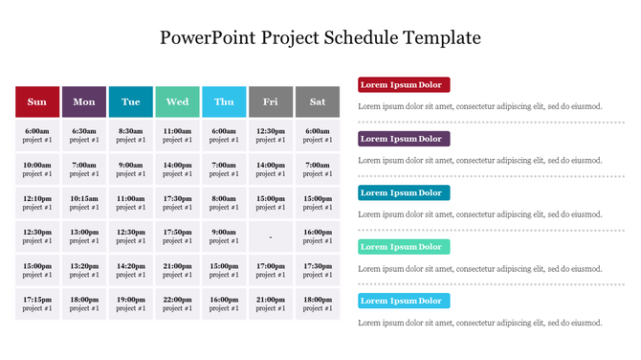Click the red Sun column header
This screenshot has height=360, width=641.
pyautogui.click(x=37, y=101)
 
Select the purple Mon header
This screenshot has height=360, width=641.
pyautogui.click(x=84, y=101)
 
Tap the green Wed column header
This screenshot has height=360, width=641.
pyautogui.click(x=177, y=101)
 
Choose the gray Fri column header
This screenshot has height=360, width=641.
pyautogui.click(x=271, y=101)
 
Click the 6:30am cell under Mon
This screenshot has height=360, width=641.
pyautogui.click(x=84, y=135)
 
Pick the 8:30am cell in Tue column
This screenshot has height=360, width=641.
pyautogui.click(x=130, y=135)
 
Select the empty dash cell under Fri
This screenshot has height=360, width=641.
pyautogui.click(x=271, y=236)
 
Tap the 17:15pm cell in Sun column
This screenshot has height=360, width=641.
pyautogui.click(x=37, y=304)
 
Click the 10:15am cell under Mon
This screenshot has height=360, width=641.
pyautogui.click(x=84, y=203)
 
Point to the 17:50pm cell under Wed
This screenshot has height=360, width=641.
pyautogui.click(x=177, y=236)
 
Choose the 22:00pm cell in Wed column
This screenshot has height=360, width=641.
pyautogui.click(x=177, y=304)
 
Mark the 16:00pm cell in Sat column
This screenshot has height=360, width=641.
pyautogui.click(x=317, y=236)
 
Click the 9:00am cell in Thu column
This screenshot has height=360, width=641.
pyautogui.click(x=224, y=236)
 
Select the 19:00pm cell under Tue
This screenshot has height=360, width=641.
pyautogui.click(x=130, y=304)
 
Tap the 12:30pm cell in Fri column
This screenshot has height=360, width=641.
pyautogui.click(x=271, y=135)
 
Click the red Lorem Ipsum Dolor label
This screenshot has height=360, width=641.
pyautogui.click(x=403, y=85)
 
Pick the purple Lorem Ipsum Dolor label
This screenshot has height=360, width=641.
pyautogui.click(x=403, y=139)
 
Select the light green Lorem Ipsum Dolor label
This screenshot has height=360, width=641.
pyautogui.click(x=403, y=247)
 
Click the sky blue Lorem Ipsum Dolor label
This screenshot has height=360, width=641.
pyautogui.click(x=403, y=301)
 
